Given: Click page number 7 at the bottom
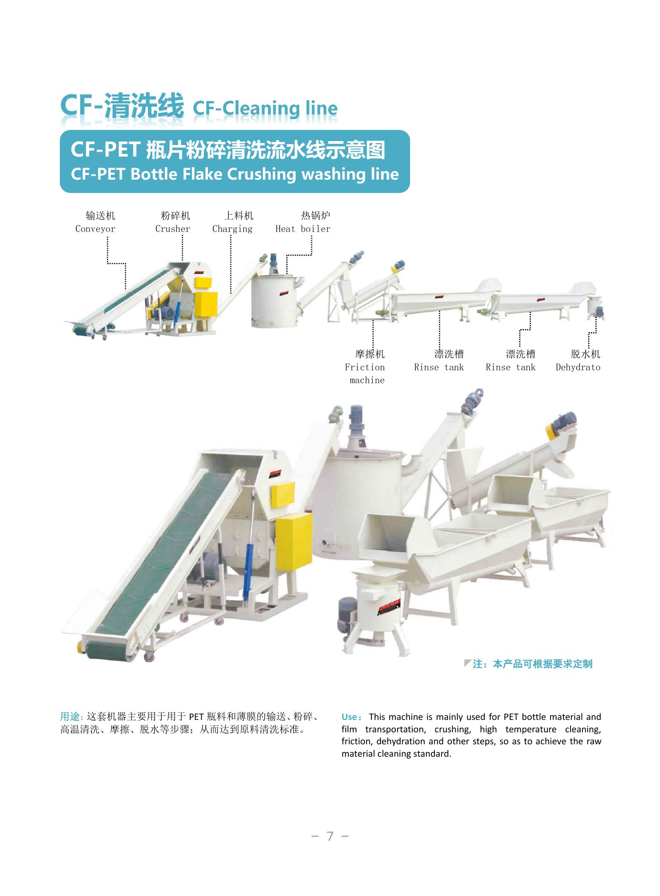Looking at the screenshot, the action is click(x=330, y=836).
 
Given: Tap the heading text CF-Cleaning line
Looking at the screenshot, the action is click(x=265, y=108).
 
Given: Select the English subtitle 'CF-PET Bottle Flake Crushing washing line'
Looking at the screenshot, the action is click(x=235, y=174).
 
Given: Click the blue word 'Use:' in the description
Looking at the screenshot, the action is click(x=352, y=717).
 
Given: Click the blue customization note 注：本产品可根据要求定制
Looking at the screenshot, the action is click(x=532, y=664).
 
